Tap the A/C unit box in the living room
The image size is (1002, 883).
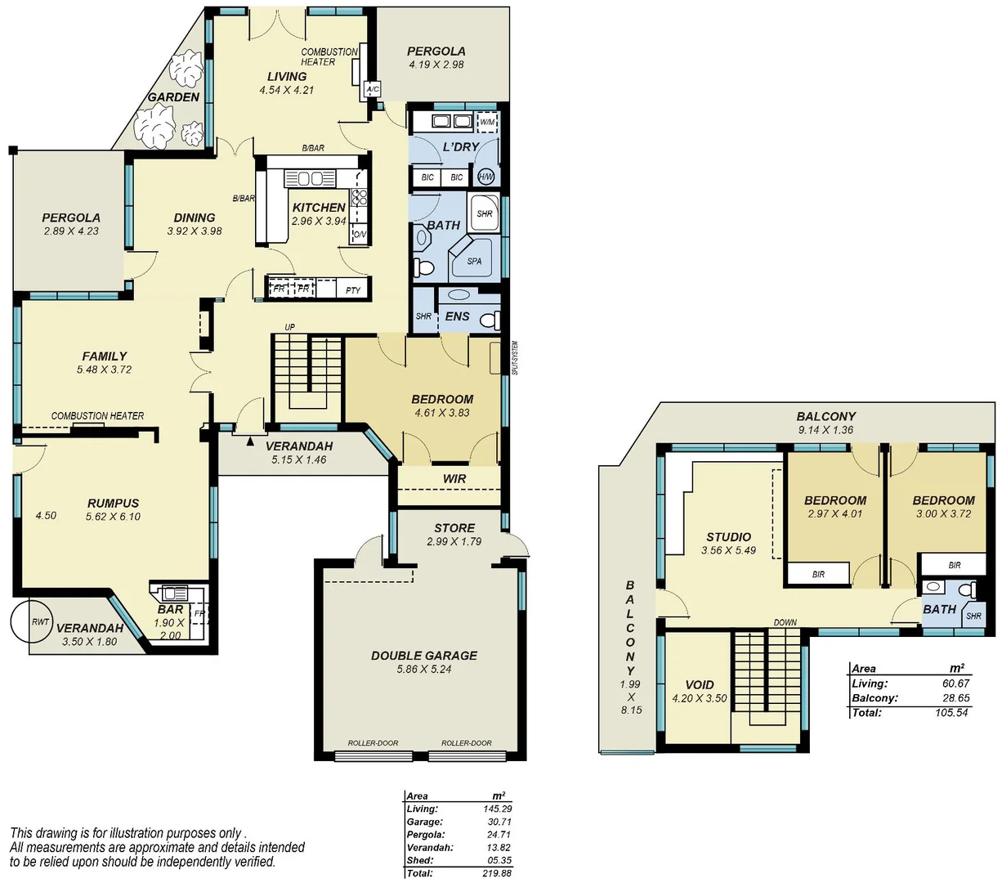[373, 89]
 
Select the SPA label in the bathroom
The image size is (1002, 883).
[474, 262]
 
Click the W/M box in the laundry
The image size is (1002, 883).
[487, 122]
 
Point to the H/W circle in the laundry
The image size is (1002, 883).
[485, 177]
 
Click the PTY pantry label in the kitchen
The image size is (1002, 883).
[353, 290]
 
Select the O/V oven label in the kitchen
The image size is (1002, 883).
[359, 235]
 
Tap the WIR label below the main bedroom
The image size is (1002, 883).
[454, 478]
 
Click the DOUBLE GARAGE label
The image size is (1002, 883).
[423, 655]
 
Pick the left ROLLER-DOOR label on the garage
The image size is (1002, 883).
[373, 743]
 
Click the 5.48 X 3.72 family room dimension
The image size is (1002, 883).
[104, 370]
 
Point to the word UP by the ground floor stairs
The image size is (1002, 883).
[289, 328]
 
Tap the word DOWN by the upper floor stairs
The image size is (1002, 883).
[785, 623]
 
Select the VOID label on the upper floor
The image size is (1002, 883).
[699, 685]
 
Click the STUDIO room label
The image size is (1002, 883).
[728, 537]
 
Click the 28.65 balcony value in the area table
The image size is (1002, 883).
[954, 698]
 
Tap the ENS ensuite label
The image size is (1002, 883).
[457, 316]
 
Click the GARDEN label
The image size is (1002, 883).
[173, 97]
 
